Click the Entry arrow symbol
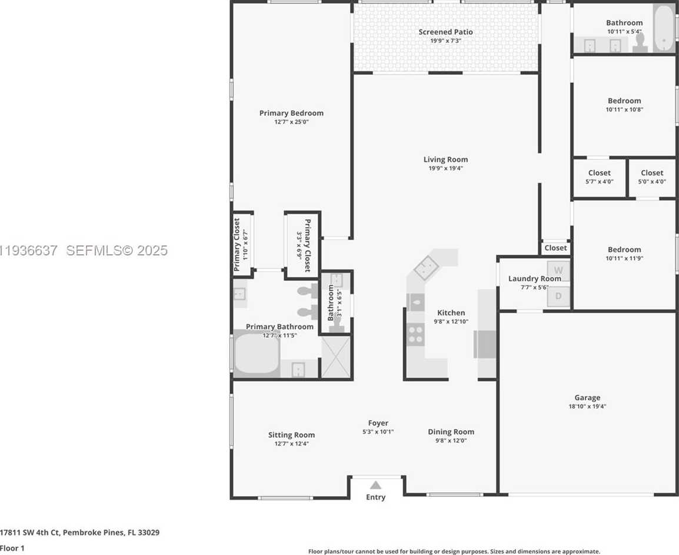coord(375,485)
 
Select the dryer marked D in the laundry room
coord(558,296)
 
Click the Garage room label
coord(587,398)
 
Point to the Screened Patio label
coord(445,32)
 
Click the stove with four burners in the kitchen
coord(415,334)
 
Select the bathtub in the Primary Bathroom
coord(257,355)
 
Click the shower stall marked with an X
coord(336,357)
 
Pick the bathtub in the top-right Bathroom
coord(664,29)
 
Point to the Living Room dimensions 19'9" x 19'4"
coord(445,168)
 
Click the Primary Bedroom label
coord(291,113)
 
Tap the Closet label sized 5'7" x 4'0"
coord(599,173)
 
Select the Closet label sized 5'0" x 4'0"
coord(651,173)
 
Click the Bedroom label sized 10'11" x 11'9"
coord(624,250)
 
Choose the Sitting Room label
coord(291,435)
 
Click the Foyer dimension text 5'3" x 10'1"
coord(378,431)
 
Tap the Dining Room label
coord(451,432)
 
